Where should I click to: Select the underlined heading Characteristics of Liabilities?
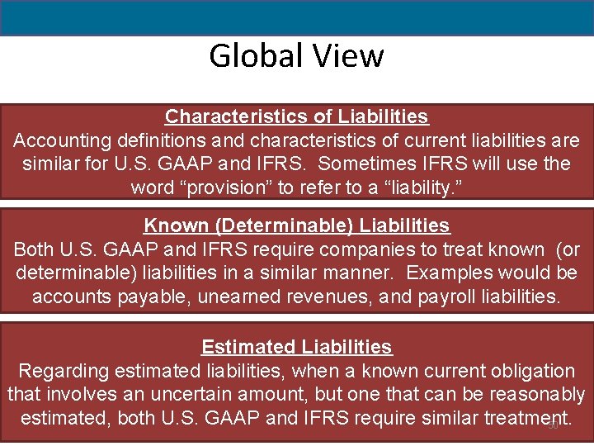click(x=297, y=116)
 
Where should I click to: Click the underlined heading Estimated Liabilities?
click(x=297, y=347)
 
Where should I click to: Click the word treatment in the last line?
click(x=525, y=418)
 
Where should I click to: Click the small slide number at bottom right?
click(x=553, y=426)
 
